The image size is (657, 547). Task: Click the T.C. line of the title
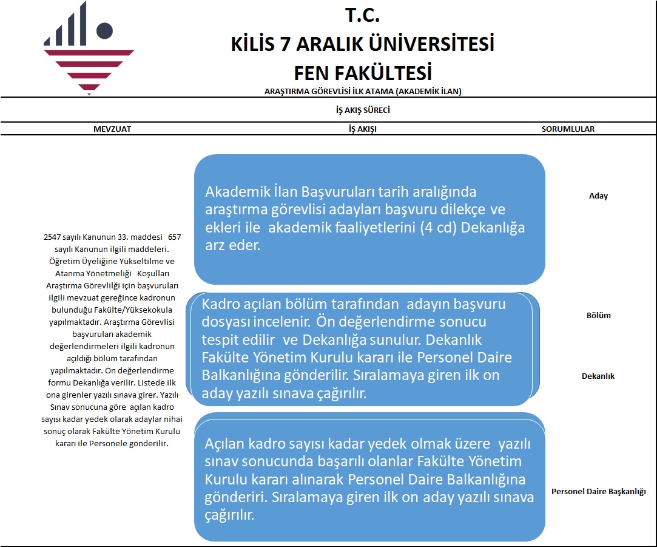[x=362, y=15]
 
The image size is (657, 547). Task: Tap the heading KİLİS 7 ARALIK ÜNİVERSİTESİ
[x=362, y=44]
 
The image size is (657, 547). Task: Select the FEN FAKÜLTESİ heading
[x=362, y=73]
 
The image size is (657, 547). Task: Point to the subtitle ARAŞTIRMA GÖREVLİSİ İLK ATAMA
[x=363, y=92]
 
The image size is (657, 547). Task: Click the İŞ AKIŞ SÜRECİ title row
[x=362, y=110]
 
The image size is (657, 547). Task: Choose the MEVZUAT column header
[x=112, y=129]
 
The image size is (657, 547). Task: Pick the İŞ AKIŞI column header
[x=362, y=129]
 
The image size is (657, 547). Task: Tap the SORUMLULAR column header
[x=568, y=129]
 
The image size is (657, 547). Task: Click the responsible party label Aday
[x=598, y=196]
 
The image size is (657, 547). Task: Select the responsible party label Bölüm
[x=598, y=316]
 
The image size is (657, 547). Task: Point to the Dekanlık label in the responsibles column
[x=598, y=376]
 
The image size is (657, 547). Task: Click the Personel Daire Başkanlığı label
[x=598, y=491]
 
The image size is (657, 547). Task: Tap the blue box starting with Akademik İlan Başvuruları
[x=369, y=219]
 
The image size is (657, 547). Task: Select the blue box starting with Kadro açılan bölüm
[x=362, y=348]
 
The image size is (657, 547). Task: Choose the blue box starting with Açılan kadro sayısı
[x=369, y=479]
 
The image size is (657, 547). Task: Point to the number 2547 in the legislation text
[x=54, y=237]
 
